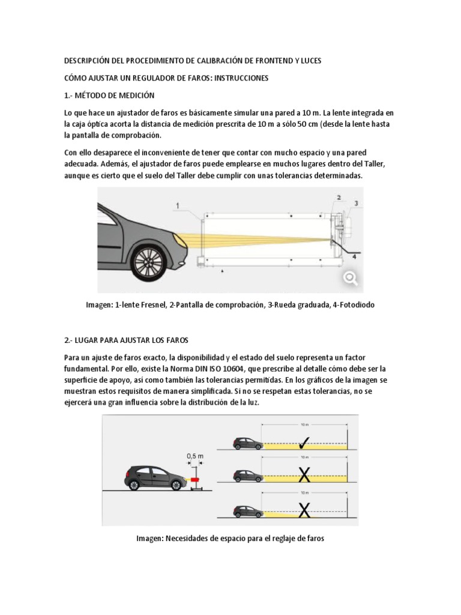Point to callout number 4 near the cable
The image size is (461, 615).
pyautogui.click(x=353, y=256)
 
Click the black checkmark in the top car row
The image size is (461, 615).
pyautogui.click(x=304, y=443)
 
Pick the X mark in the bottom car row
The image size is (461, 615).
pyautogui.click(x=304, y=510)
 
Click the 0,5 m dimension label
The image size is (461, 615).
pyautogui.click(x=195, y=456)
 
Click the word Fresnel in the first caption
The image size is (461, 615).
pyautogui.click(x=149, y=306)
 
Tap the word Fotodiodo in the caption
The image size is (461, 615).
pyautogui.click(x=354, y=306)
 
